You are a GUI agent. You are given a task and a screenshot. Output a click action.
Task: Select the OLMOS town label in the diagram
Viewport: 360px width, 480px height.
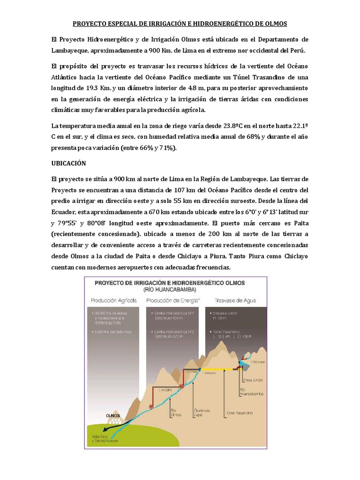click(x=113, y=415)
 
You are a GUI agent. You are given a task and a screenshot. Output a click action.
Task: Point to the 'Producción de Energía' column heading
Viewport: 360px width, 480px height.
click(x=173, y=300)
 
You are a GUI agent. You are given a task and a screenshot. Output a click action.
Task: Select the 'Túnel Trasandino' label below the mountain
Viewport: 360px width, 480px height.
click(x=239, y=413)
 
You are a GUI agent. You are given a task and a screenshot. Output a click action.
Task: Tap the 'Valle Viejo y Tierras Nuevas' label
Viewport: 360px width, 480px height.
click(x=105, y=439)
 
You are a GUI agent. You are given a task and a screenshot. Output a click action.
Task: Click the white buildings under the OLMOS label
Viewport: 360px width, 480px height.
click(x=113, y=421)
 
